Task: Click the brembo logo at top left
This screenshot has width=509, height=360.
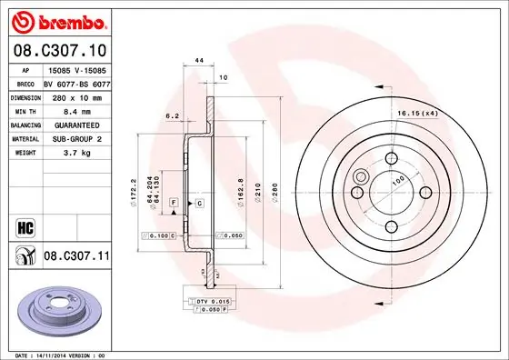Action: click(59, 20)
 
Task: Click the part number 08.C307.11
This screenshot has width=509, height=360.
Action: click(76, 257)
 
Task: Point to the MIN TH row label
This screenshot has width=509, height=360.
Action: click(25, 109)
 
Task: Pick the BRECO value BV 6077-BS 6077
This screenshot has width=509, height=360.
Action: click(75, 82)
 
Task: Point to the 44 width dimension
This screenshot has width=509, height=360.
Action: click(198, 61)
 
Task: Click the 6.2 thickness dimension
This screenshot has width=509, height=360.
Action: click(171, 115)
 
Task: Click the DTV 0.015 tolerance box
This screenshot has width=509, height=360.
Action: click(209, 300)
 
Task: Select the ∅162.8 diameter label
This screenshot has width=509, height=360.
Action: click(239, 191)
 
